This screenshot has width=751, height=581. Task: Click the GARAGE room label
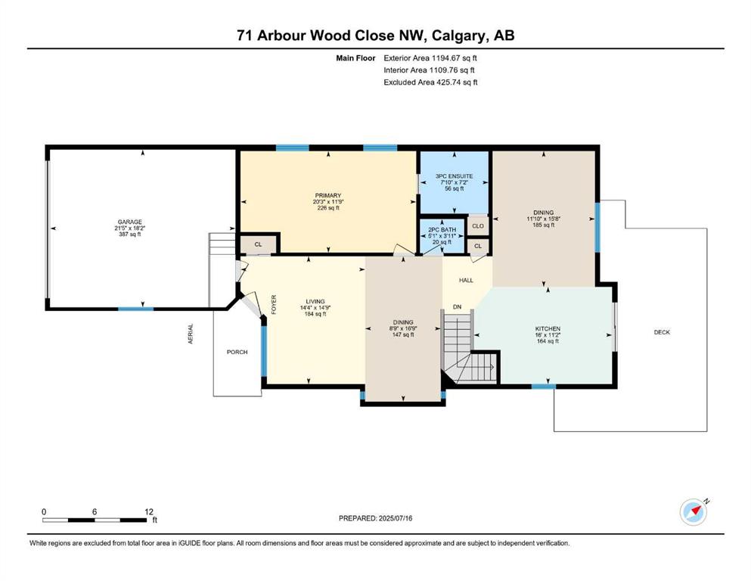pyautogui.click(x=130, y=222)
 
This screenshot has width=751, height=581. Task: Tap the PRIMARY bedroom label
pyautogui.click(x=328, y=195)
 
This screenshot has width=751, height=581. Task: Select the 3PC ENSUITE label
pyautogui.click(x=454, y=176)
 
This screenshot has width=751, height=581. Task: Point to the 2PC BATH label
pyautogui.click(x=442, y=230)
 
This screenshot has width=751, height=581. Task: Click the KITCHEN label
pyautogui.click(x=548, y=328)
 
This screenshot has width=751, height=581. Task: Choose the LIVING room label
pyautogui.click(x=315, y=302)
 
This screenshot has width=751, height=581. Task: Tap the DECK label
pyautogui.click(x=662, y=332)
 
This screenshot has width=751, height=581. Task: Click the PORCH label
pyautogui.click(x=237, y=352)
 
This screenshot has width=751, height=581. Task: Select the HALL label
pyautogui.click(x=466, y=280)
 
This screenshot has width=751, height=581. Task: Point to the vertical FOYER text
pyautogui.click(x=274, y=304)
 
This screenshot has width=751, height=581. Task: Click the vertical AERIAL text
pyautogui.click(x=190, y=334)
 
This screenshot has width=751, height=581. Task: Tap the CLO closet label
pyautogui.click(x=478, y=225)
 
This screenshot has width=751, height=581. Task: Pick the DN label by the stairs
pyautogui.click(x=458, y=306)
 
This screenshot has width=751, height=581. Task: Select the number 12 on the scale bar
pyautogui.click(x=149, y=511)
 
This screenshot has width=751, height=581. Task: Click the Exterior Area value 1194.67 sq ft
pyautogui.click(x=455, y=58)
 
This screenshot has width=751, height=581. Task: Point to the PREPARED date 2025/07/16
pyautogui.click(x=396, y=518)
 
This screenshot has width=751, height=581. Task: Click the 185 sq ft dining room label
pyautogui.click(x=544, y=225)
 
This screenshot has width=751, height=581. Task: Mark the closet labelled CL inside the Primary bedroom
pyautogui.click(x=258, y=245)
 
